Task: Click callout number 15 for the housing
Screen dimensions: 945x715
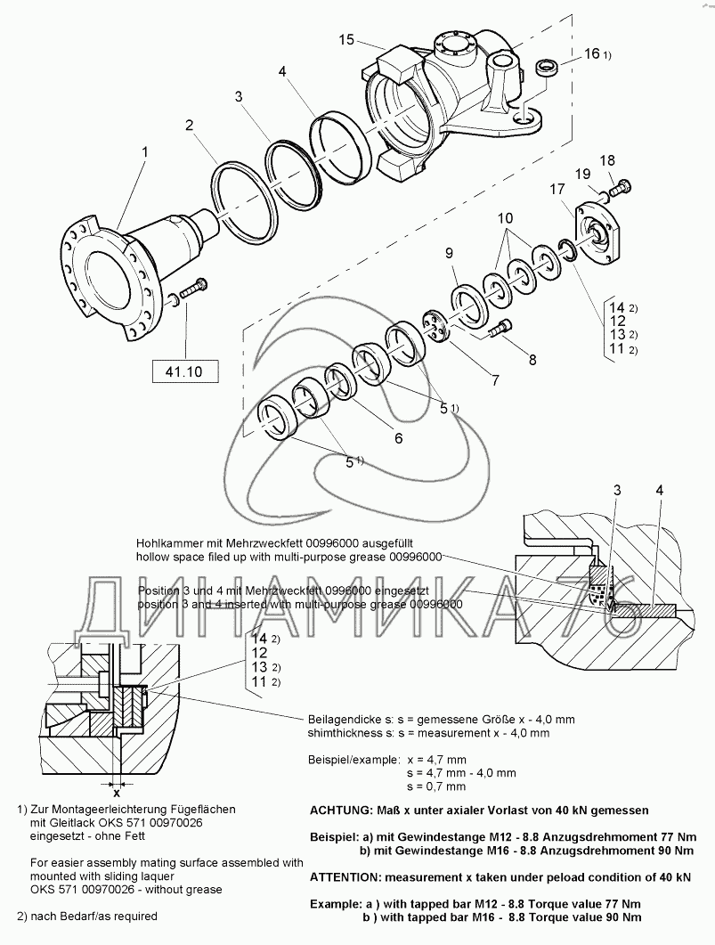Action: pos(347,40)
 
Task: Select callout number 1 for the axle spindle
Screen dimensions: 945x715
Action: pos(145,153)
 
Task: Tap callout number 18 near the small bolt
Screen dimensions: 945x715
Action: pos(606,160)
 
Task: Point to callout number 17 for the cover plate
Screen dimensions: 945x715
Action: pos(557,190)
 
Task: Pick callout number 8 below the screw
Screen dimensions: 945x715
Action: pos(532,360)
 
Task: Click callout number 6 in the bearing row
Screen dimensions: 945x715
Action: pos(398,437)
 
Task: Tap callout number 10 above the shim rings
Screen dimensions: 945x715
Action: pos(505,218)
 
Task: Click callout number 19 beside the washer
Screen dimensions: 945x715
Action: pos(581,174)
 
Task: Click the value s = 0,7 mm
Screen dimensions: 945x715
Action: pos(435,786)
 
